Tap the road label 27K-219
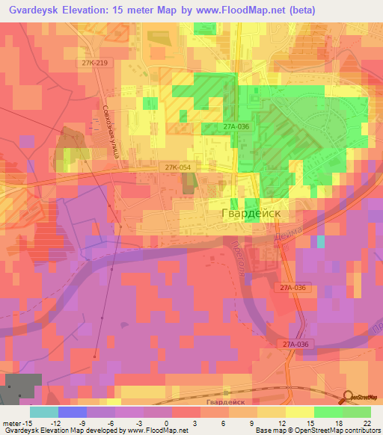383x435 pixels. pyautogui.click(x=95, y=64)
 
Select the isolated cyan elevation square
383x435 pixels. pyautogui.click(x=321, y=241)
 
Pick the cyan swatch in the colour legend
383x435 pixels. pyautogui.click(x=44, y=412)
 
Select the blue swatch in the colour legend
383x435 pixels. pyautogui.click(x=73, y=412)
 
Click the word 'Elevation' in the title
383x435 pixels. pyautogui.click(x=96, y=10)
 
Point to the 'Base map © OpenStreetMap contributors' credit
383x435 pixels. pyautogui.click(x=317, y=431)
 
